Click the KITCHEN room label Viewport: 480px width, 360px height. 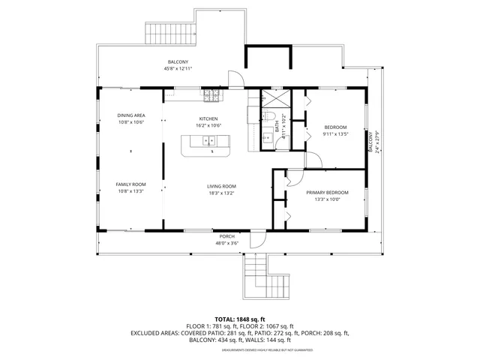pyautogui.click(x=208, y=118)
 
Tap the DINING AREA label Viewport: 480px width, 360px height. pyautogui.click(x=130, y=115)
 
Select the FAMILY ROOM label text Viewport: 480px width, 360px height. pyautogui.click(x=130, y=184)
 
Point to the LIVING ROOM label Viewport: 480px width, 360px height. pyautogui.click(x=222, y=186)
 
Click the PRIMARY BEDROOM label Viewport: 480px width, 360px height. pyautogui.click(x=327, y=193)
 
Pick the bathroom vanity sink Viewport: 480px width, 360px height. pyautogui.click(x=266, y=138)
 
